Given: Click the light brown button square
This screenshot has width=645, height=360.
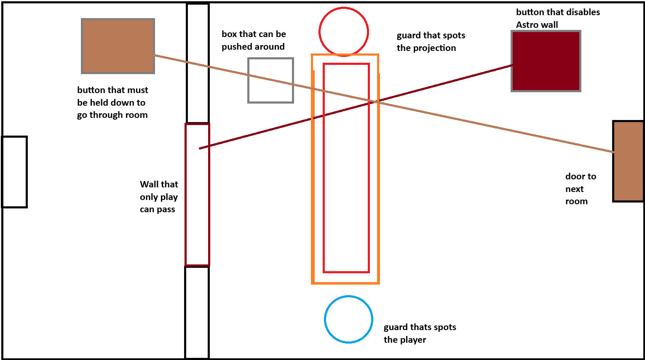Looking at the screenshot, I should tap(118, 46).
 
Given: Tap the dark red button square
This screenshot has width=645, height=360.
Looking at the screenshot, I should tap(546, 61).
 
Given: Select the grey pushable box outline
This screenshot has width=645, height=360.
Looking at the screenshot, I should tap(270, 80).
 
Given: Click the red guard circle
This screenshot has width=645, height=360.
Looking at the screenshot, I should tap(344, 32).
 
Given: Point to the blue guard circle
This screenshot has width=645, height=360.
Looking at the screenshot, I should tap(348, 319).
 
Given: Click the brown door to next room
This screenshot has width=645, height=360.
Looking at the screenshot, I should tap(628, 161).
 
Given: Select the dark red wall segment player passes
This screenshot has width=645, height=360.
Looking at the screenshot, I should tap(197, 195).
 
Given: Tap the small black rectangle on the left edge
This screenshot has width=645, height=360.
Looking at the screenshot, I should tap(15, 172).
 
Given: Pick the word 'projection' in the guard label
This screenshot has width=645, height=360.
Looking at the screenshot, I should tap(435, 48).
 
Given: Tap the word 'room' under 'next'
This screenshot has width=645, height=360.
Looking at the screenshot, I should tap(576, 201).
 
